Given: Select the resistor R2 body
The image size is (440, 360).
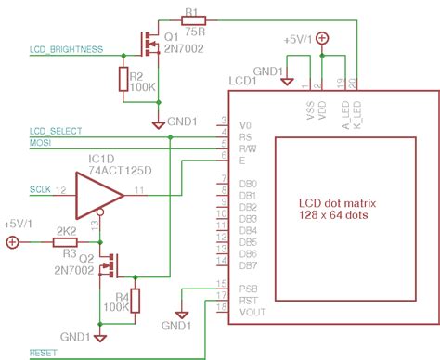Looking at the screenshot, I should (123, 79).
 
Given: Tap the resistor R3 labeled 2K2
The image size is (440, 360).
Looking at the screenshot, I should (65, 242).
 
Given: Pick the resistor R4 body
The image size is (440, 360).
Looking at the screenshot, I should (136, 301).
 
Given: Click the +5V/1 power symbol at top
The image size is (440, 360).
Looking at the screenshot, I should (321, 39).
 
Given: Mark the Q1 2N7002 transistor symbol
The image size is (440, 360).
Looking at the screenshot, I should (149, 44).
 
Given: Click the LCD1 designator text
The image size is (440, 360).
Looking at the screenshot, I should (244, 81).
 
